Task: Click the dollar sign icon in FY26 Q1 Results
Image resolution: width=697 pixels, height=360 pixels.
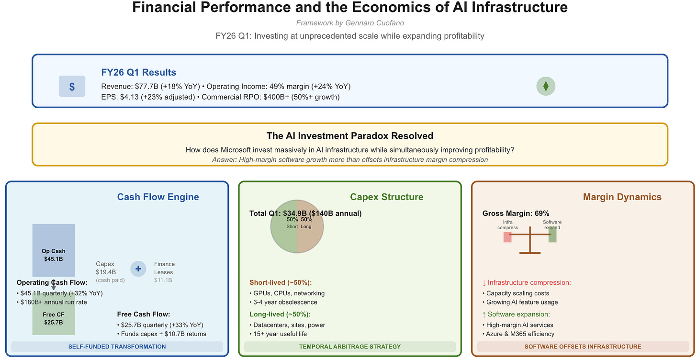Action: tap(72, 87)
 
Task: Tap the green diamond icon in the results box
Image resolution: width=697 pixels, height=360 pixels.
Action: tap(546, 86)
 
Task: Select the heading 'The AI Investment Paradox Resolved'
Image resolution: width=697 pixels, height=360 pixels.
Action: tap(349, 136)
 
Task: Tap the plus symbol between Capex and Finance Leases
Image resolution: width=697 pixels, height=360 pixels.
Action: tap(138, 269)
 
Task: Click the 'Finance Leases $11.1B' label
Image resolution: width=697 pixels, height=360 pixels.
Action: tap(164, 272)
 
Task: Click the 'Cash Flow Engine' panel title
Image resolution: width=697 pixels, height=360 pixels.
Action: tap(158, 197)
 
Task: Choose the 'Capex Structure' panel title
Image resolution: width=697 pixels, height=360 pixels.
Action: tap(387, 197)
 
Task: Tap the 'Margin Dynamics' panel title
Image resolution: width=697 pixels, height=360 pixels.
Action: tap(622, 197)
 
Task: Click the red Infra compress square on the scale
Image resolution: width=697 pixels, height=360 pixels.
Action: tap(507, 236)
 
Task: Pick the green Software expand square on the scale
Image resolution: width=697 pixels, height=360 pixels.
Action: tap(552, 236)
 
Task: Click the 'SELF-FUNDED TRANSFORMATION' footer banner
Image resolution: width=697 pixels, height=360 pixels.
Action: tap(117, 347)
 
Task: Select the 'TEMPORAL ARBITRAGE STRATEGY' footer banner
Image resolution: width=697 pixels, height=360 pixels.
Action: tap(349, 347)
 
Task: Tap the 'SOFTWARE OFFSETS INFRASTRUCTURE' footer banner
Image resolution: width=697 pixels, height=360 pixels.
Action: tap(583, 347)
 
